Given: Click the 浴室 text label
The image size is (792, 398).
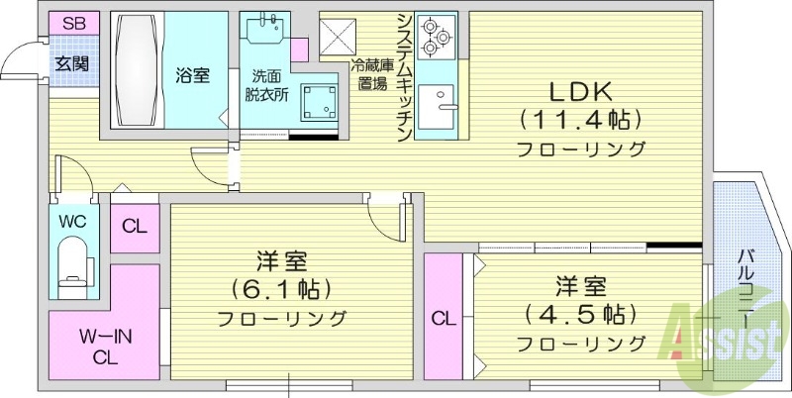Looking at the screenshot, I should [x=192, y=75].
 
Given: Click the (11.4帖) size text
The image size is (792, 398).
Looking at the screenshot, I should [x=581, y=121].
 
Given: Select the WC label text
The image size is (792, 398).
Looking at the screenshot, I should [x=72, y=221].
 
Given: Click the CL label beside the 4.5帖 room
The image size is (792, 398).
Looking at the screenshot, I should [x=443, y=319].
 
